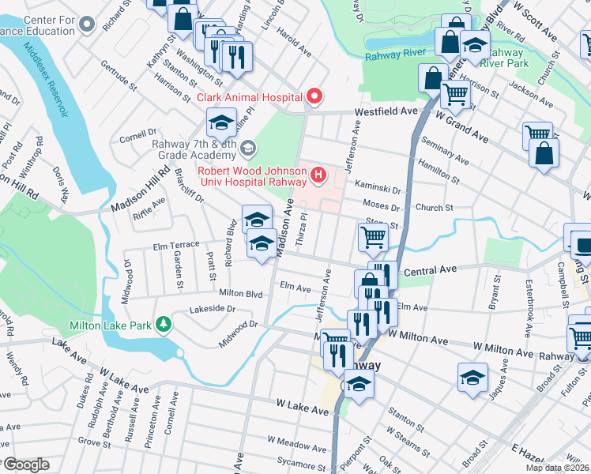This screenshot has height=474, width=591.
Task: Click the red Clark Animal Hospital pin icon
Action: (314, 97)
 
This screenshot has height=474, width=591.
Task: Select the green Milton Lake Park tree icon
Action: (163, 325)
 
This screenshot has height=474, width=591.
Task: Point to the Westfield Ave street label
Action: (386, 112)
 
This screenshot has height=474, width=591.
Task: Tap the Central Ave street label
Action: (431, 270)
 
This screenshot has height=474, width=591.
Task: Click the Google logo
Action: (25, 465)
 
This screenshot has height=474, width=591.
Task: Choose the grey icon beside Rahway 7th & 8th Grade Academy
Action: (248, 148)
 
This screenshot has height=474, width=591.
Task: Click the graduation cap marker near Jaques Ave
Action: (472, 377)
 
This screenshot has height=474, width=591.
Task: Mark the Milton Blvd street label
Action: (240, 292)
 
